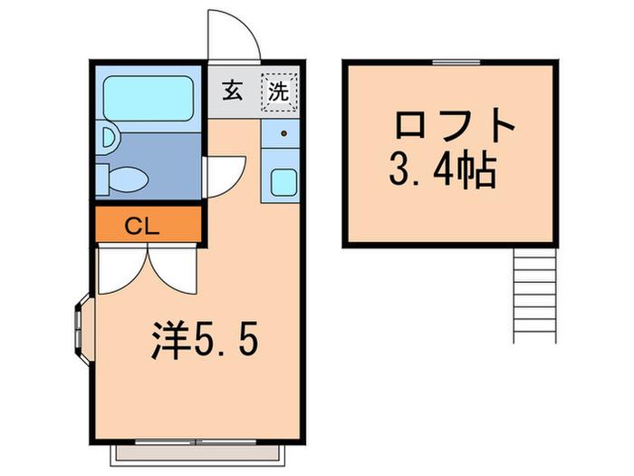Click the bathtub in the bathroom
[148, 98]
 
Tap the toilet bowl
[128, 179]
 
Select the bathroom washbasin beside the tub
[109, 138]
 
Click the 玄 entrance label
[233, 91]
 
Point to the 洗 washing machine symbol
[279, 92]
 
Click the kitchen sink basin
[283, 182]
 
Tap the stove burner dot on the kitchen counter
[283, 133]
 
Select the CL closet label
[141, 227]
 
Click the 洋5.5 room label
[204, 341]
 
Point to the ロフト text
[455, 125]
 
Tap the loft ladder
[535, 296]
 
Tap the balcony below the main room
[197, 453]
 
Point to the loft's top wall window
[456, 62]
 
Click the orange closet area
[148, 224]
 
